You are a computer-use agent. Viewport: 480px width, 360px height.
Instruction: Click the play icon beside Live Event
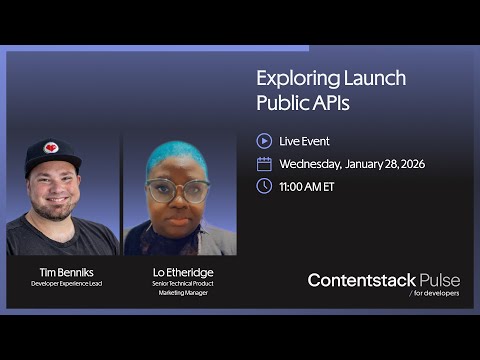(264, 141)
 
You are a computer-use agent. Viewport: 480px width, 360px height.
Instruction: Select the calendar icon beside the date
(264, 163)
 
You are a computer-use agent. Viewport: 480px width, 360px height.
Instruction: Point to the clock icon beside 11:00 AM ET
(264, 186)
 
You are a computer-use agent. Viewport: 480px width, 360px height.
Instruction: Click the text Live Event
(304, 141)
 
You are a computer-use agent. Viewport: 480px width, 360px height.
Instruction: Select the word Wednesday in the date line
(310, 164)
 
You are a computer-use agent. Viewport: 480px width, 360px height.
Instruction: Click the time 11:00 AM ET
(306, 186)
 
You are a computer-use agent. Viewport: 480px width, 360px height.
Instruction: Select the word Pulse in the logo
(439, 281)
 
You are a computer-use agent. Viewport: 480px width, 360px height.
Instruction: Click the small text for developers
(436, 295)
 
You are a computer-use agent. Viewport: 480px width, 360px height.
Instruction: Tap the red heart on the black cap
(51, 148)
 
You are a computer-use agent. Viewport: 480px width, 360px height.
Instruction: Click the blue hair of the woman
(178, 156)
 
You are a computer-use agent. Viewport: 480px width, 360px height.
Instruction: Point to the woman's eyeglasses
(178, 189)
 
